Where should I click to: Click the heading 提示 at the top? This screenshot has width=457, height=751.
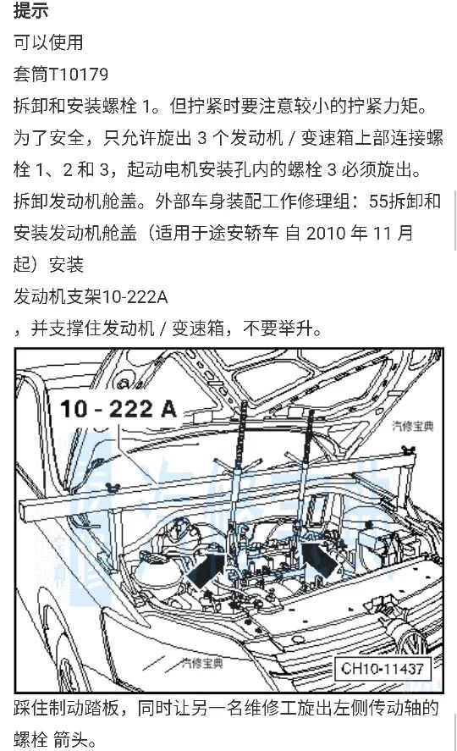tap(30, 11)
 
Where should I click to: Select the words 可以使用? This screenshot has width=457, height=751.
tap(48, 42)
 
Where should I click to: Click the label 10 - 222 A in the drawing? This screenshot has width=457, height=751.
tap(118, 409)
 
